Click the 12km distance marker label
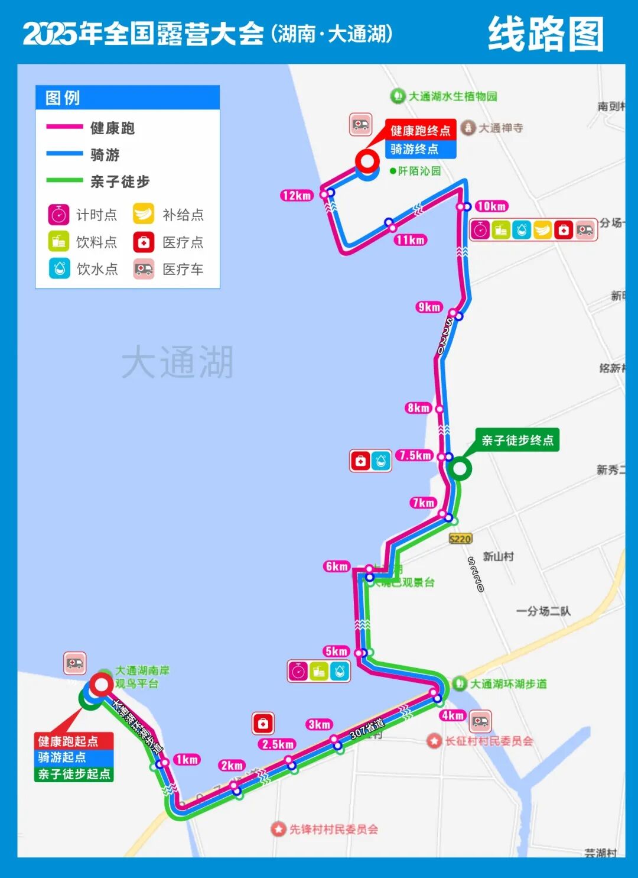click(x=297, y=196)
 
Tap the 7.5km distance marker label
click(x=415, y=455)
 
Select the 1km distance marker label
click(x=187, y=759)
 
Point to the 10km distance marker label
click(x=491, y=206)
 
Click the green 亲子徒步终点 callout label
click(x=517, y=440)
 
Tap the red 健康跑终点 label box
click(x=421, y=131)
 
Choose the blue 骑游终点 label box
click(x=421, y=149)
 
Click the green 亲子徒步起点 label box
click(x=74, y=774)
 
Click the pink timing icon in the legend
click(x=59, y=215)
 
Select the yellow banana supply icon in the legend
click(x=144, y=214)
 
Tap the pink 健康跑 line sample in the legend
click(x=64, y=127)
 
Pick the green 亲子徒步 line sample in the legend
click(x=64, y=180)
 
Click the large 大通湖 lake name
click(x=177, y=362)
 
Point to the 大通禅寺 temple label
click(x=500, y=128)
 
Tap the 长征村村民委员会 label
click(x=489, y=741)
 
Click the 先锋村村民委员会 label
click(x=333, y=829)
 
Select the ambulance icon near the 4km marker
click(x=480, y=721)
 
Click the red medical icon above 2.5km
click(x=263, y=723)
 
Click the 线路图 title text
click(x=546, y=34)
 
